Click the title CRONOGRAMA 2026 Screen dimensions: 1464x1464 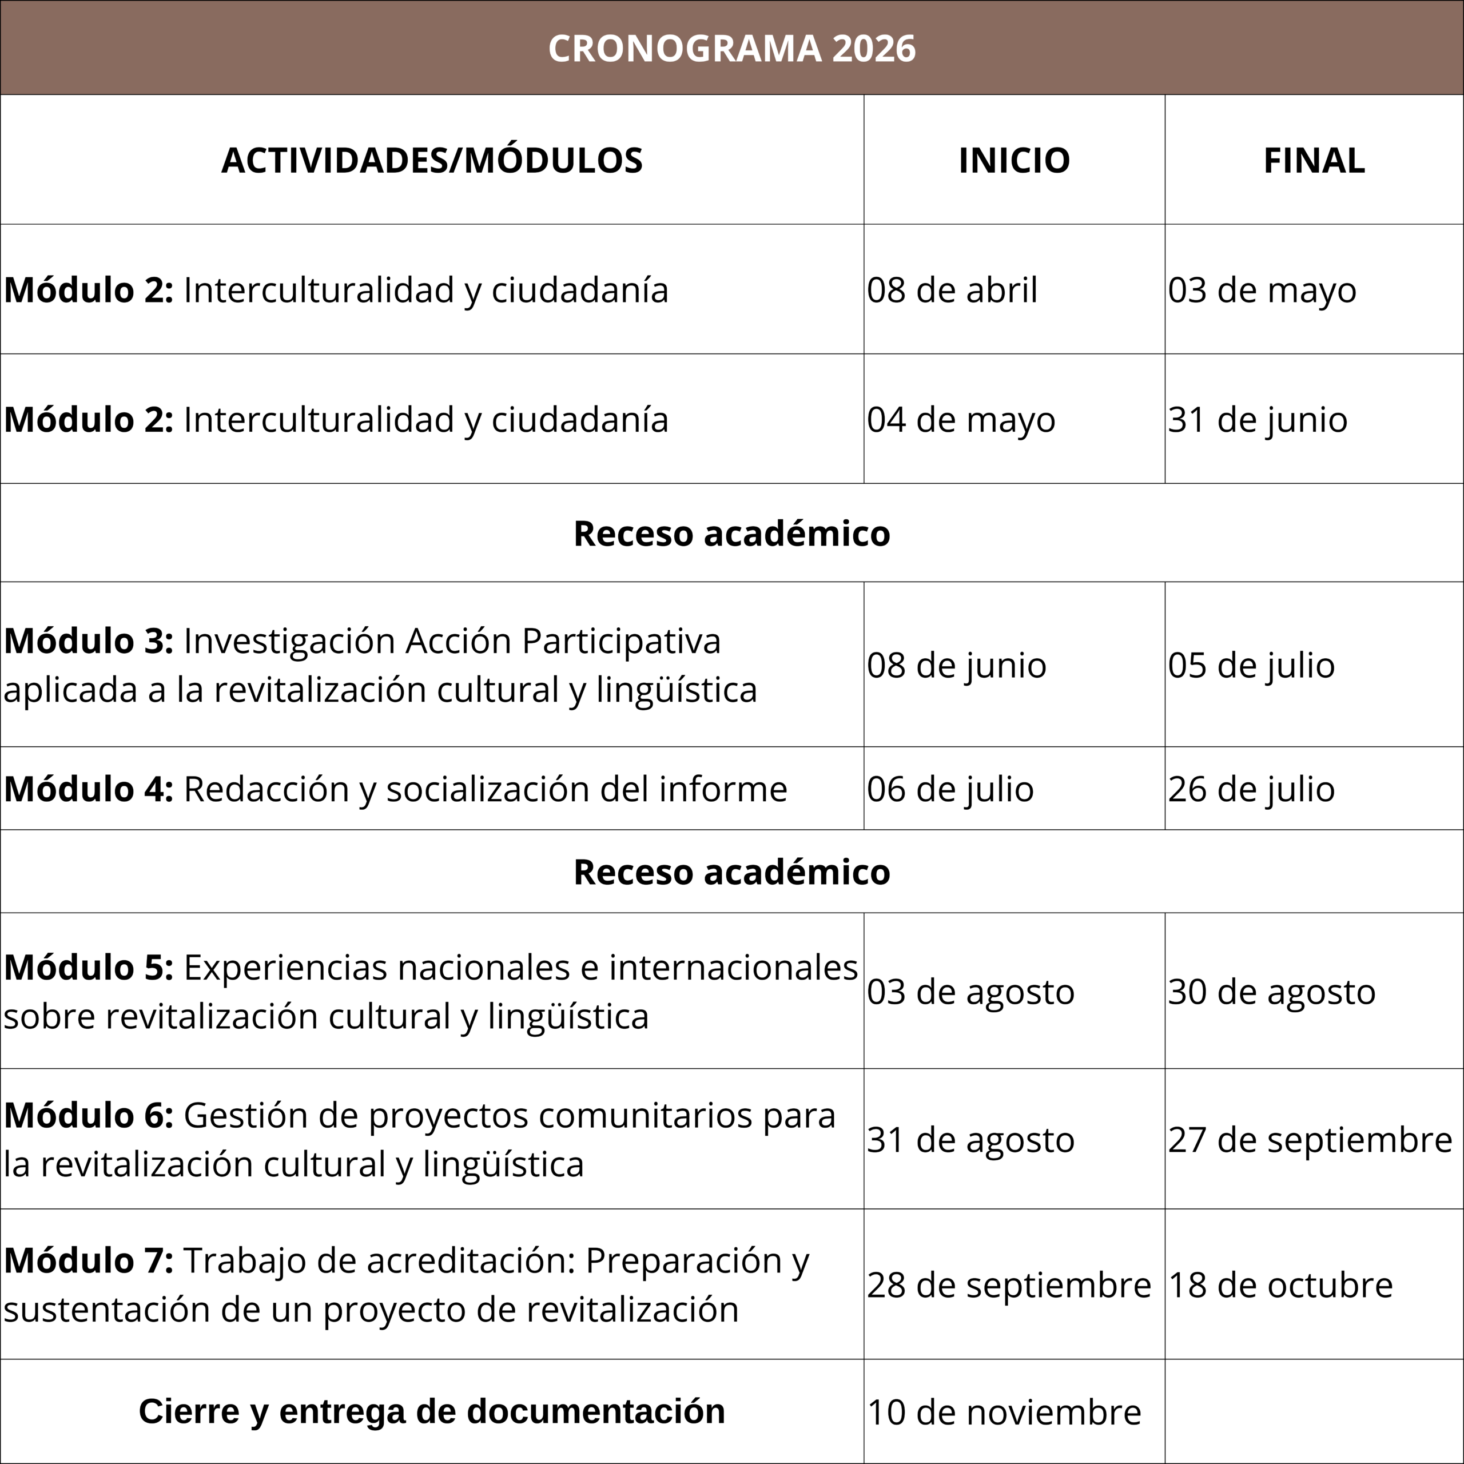[x=731, y=49]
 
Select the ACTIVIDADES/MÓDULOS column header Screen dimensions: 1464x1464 [x=432, y=160]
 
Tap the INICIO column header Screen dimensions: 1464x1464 [x=1014, y=160]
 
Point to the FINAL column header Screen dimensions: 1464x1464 [x=1314, y=160]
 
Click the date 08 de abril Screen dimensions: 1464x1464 [x=952, y=290]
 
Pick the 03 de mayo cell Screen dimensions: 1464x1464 [x=1262, y=290]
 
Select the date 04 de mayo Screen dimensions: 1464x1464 [x=961, y=420]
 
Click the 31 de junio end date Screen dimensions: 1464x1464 [x=1257, y=420]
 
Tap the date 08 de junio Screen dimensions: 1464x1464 [x=956, y=665]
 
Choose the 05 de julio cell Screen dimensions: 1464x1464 [x=1251, y=665]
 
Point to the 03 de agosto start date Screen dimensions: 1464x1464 [x=970, y=992]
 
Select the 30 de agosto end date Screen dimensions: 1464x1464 [x=1271, y=992]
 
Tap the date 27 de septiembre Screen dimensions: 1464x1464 [x=1310, y=1140]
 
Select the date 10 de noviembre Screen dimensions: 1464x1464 [x=1004, y=1413]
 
